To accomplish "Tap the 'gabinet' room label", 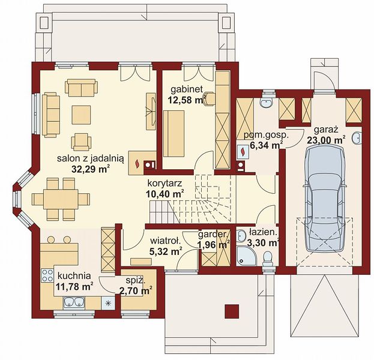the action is pyautogui.click(x=187, y=89).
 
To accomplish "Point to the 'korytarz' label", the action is pyautogui.click(x=165, y=184).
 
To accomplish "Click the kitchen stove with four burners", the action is pyautogui.click(x=47, y=275).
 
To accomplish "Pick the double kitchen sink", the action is pyautogui.click(x=74, y=302).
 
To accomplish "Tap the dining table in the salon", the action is pyautogui.click(x=61, y=199).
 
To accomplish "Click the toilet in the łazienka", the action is pyautogui.click(x=268, y=258).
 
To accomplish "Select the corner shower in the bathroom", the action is pyautogui.click(x=246, y=256).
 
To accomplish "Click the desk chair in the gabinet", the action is pyautogui.click(x=210, y=98).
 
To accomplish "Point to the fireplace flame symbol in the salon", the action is pyautogui.click(x=137, y=163).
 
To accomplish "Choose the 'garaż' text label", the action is pyautogui.click(x=326, y=130).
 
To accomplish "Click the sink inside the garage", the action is pyautogui.click(x=357, y=138).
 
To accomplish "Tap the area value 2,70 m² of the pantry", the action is pyautogui.click(x=136, y=291).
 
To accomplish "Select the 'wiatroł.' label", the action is pyautogui.click(x=165, y=241).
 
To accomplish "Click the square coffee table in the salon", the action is pyautogui.click(x=81, y=115).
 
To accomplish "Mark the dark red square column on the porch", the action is pyautogui.click(x=232, y=311).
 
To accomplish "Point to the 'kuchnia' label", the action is pyautogui.click(x=74, y=276).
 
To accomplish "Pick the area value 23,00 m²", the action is pyautogui.click(x=326, y=140).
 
